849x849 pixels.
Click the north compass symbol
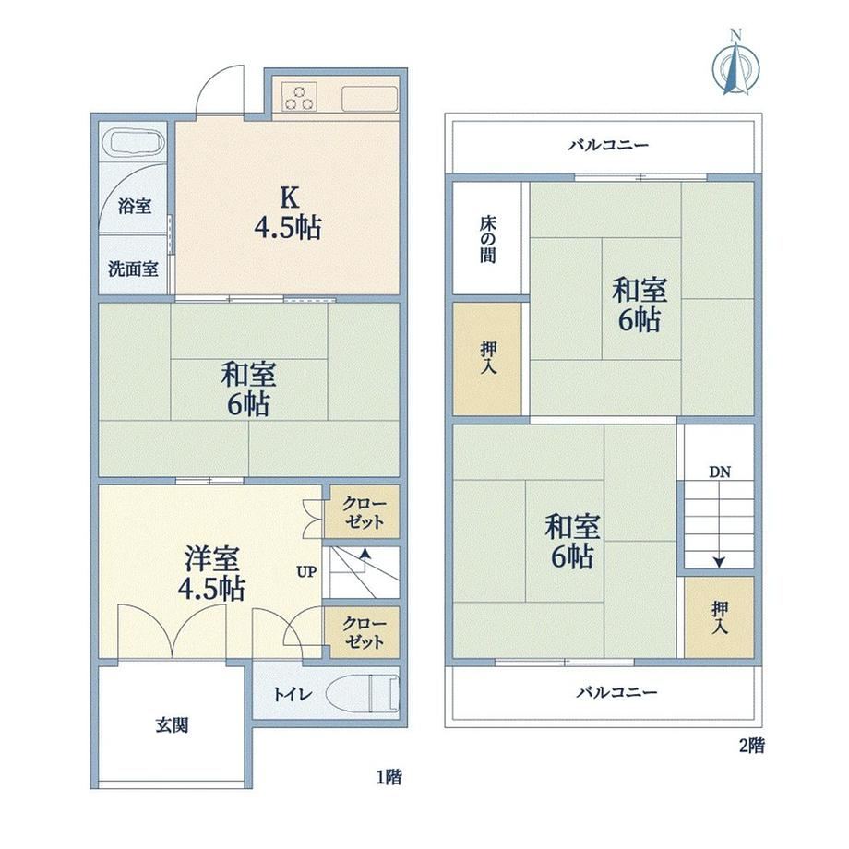tap(735, 65)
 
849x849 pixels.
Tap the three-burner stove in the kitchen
tap(299, 96)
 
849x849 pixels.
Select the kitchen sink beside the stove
tap(370, 98)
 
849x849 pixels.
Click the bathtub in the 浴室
tap(138, 143)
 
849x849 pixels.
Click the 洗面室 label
tap(133, 269)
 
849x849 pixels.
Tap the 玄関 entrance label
tap(173, 725)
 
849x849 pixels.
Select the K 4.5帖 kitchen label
tap(289, 213)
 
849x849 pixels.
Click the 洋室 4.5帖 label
tap(211, 573)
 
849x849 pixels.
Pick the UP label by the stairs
tap(306, 572)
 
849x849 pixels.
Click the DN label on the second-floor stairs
tap(720, 472)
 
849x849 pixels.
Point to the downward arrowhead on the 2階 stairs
tap(719, 563)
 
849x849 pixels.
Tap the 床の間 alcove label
tap(487, 239)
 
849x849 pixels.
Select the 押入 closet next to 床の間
tap(487, 359)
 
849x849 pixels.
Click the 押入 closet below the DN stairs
tap(719, 617)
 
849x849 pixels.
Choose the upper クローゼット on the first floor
tap(365, 511)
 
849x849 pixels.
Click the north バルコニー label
tap(608, 145)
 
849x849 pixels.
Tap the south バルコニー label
tap(616, 692)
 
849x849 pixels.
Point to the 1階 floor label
tap(389, 778)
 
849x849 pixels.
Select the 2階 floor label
tap(752, 747)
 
